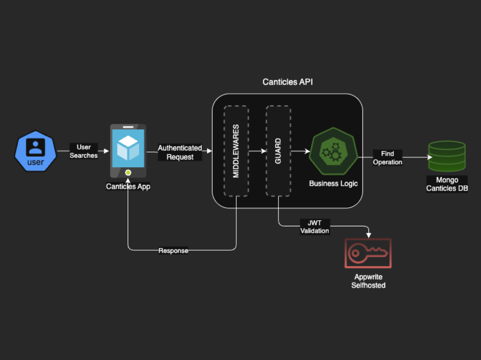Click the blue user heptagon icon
pyautogui.click(x=35, y=151)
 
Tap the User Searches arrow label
pyautogui.click(x=83, y=151)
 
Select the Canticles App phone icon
pyautogui.click(x=128, y=151)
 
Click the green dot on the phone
pyautogui.click(x=128, y=172)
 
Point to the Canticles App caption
pyautogui.click(x=128, y=186)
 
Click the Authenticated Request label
pyautogui.click(x=180, y=152)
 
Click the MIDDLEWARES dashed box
pyautogui.click(x=236, y=151)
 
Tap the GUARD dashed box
pyautogui.click(x=278, y=151)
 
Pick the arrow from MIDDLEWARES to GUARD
pyautogui.click(x=257, y=151)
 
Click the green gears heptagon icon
pyautogui.click(x=333, y=151)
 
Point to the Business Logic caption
pyautogui.click(x=333, y=184)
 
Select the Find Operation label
pyautogui.click(x=387, y=158)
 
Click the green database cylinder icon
pyautogui.click(x=447, y=156)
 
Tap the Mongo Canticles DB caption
pyautogui.click(x=447, y=184)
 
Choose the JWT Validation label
pyautogui.click(x=314, y=227)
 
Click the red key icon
pyautogui.click(x=368, y=253)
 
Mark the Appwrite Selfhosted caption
pyautogui.click(x=368, y=281)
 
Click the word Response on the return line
pyautogui.click(x=173, y=250)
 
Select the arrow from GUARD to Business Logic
pyautogui.click(x=300, y=151)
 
